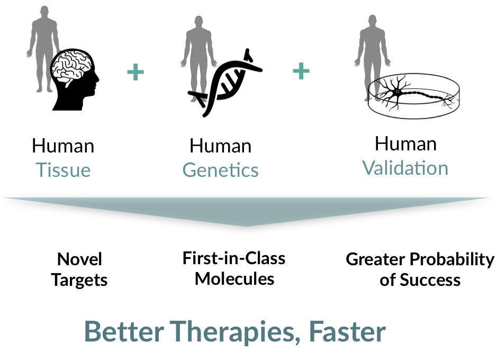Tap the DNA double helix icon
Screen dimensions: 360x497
click(225, 82)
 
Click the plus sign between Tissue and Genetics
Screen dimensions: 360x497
click(135, 72)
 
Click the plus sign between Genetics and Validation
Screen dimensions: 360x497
click(301, 71)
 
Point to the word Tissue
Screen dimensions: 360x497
click(63, 170)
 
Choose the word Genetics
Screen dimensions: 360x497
click(220, 170)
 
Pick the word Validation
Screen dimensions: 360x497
click(405, 168)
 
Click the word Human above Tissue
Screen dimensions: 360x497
click(63, 146)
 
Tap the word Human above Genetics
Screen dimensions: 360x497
click(220, 146)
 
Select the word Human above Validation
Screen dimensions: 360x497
click(405, 143)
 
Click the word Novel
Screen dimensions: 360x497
click(79, 259)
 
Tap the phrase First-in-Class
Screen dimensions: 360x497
click(234, 258)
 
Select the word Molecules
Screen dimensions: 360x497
click(234, 278)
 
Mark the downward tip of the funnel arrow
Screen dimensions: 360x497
click(247, 226)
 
